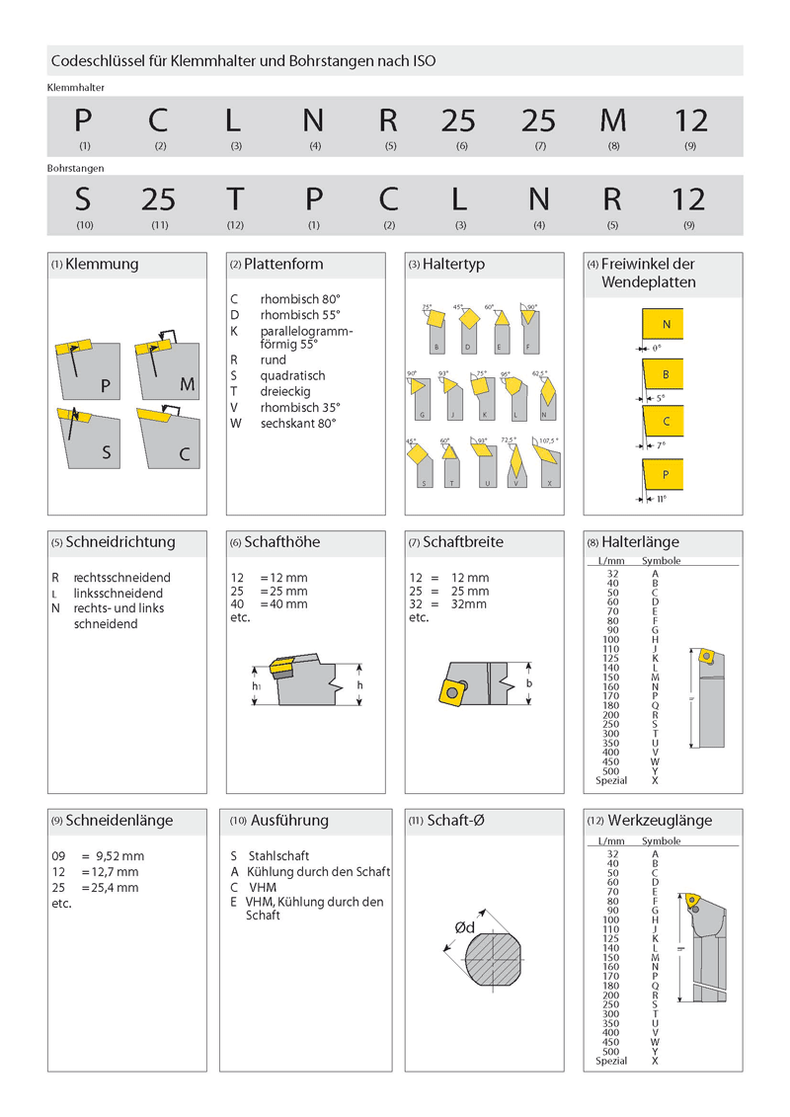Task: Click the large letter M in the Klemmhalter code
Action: (612, 120)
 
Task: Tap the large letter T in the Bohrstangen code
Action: (234, 199)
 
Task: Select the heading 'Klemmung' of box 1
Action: (102, 265)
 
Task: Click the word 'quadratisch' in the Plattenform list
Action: (292, 376)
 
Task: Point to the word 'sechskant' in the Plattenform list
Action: (285, 423)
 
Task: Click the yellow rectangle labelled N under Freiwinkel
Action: (667, 325)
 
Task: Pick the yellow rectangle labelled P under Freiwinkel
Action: (667, 476)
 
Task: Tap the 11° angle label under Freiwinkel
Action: (660, 499)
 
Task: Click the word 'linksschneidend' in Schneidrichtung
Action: (118, 594)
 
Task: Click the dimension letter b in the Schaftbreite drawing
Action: (529, 683)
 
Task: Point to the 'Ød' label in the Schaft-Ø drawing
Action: (464, 927)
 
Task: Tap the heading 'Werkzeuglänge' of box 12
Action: (660, 821)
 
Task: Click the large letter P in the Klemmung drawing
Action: (106, 385)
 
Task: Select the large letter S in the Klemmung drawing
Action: (106, 454)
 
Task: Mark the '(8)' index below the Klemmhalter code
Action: (613, 146)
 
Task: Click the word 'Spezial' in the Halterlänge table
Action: (612, 780)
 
